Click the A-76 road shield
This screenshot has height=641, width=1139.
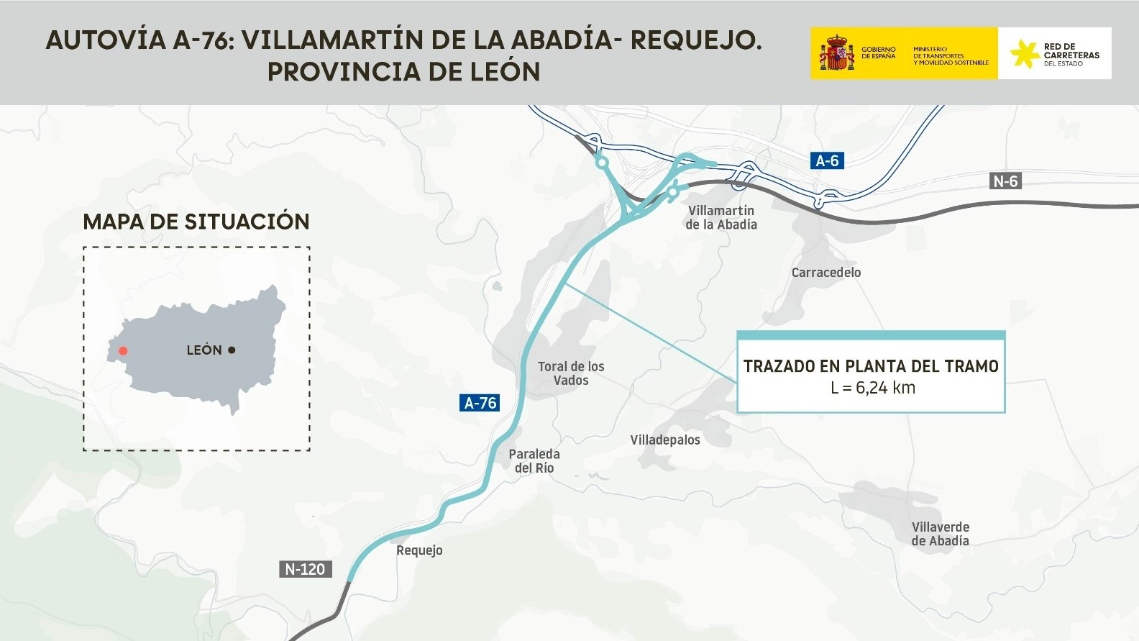pos(480,403)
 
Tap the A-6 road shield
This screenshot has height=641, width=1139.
pos(827,160)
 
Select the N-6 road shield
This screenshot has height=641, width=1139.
pos(1005,181)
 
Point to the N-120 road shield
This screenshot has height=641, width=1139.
pos(305,569)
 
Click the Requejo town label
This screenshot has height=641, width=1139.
pos(419,550)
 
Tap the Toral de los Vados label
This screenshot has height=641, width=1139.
pos(571,373)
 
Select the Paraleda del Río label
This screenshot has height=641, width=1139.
pos(534,461)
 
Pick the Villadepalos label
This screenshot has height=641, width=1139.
pos(664,440)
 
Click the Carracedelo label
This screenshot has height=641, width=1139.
pos(825,273)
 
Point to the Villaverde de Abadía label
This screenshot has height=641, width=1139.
pos(940,534)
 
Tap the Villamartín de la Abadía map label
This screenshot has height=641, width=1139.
pos(721,217)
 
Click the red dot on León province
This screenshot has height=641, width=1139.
pos(123,351)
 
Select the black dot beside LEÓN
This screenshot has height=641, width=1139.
pos(232,350)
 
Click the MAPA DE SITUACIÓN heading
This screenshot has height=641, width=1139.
pos(196,222)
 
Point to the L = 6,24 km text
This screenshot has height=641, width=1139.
pos(872,388)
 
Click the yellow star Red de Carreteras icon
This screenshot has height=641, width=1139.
pos(1023,54)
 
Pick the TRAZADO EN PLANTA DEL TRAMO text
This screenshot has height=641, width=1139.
pos(871,366)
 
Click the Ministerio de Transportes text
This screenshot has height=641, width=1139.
pos(950,56)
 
